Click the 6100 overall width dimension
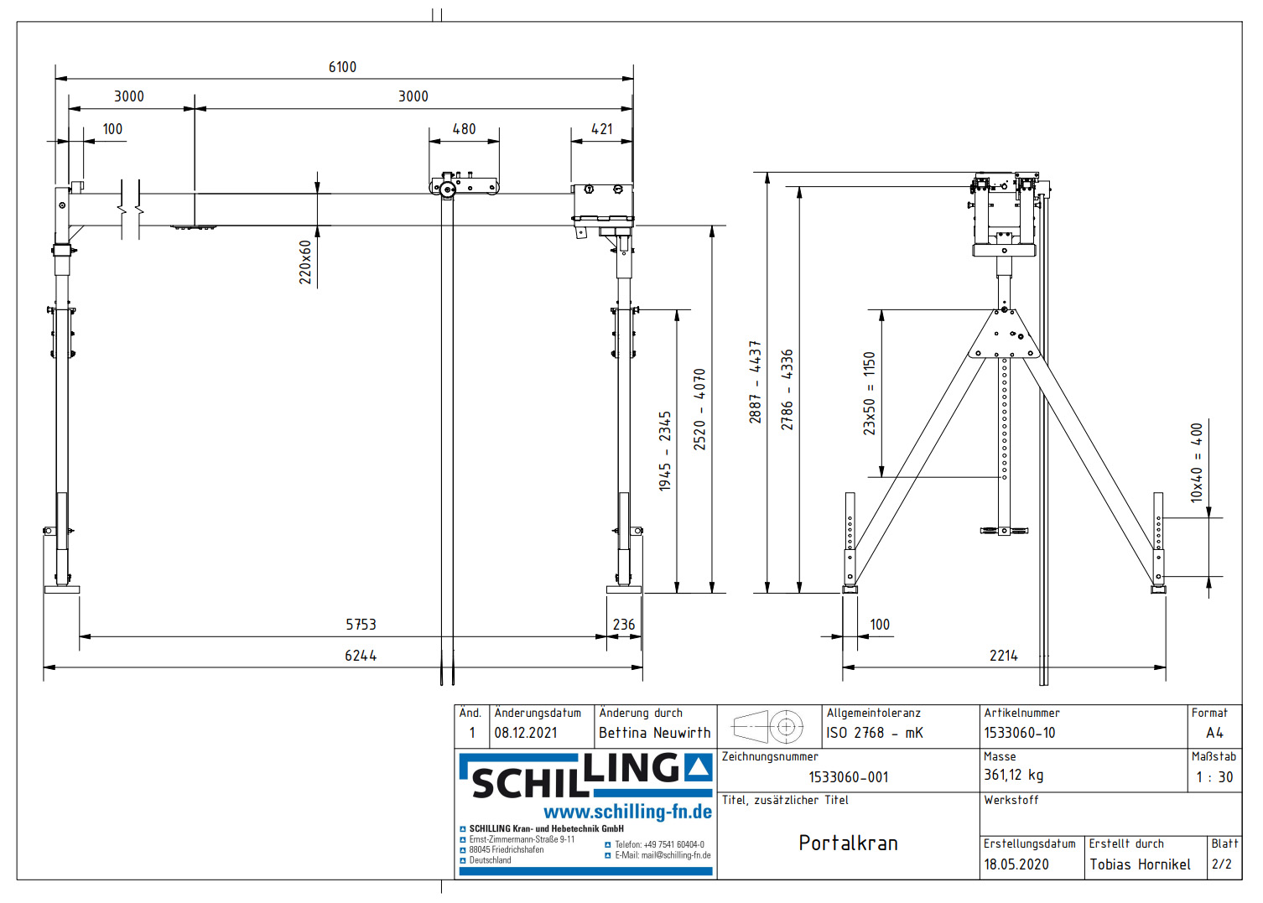point(342,67)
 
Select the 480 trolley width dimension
point(464,129)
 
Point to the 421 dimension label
point(602,129)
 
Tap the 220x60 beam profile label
point(306,262)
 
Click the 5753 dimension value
point(361,625)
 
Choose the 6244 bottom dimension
point(361,656)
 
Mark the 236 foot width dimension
point(624,625)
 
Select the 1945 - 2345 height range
point(665,450)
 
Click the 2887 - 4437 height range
point(755,381)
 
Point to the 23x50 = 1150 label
point(870,392)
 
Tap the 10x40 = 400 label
point(1197,462)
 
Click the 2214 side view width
point(1004,656)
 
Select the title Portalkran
point(848,843)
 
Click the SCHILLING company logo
point(585,776)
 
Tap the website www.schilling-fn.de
point(627,812)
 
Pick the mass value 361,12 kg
point(1013,776)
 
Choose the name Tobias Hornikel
point(1140,864)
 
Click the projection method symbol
point(769,727)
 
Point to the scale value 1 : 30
point(1214,777)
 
